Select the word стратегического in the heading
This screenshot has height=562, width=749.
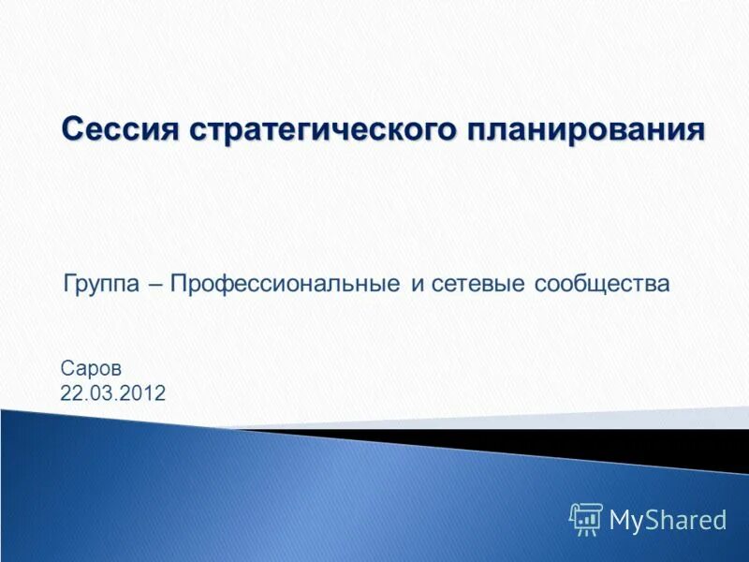(323, 129)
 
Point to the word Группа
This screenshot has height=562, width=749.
(104, 283)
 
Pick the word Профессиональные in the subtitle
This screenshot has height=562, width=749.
(286, 283)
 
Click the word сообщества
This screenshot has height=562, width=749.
(603, 283)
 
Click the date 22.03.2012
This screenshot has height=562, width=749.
(112, 393)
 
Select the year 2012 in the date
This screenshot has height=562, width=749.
(146, 393)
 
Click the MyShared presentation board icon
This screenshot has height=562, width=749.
(586, 519)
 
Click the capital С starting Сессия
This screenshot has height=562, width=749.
(73, 129)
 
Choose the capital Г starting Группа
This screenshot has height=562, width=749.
(68, 283)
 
